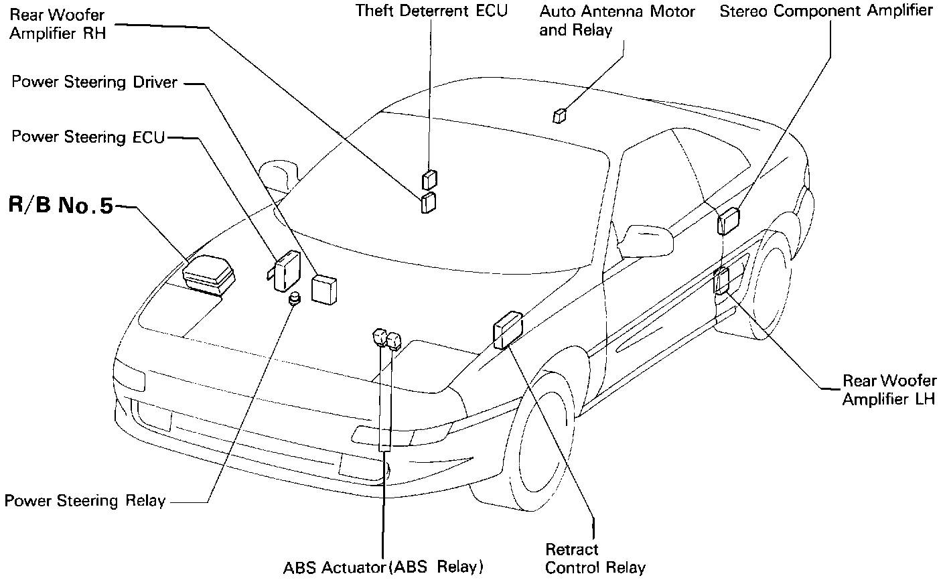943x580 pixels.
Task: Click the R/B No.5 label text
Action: (x=61, y=205)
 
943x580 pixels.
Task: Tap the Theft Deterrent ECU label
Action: (x=431, y=11)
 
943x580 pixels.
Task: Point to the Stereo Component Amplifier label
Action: (x=826, y=11)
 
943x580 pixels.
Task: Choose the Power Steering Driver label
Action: (x=94, y=82)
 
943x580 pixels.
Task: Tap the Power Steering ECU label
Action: (x=88, y=137)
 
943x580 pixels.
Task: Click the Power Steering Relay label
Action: (x=85, y=501)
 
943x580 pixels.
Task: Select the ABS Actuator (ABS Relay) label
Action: (x=383, y=567)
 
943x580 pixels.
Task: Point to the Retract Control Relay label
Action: (x=595, y=559)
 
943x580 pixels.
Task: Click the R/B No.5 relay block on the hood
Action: (x=209, y=273)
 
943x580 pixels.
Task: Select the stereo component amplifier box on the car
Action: (x=728, y=221)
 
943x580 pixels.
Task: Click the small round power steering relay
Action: (x=294, y=299)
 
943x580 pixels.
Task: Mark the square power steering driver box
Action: (x=324, y=289)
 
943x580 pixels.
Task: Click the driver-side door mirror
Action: (x=646, y=239)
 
